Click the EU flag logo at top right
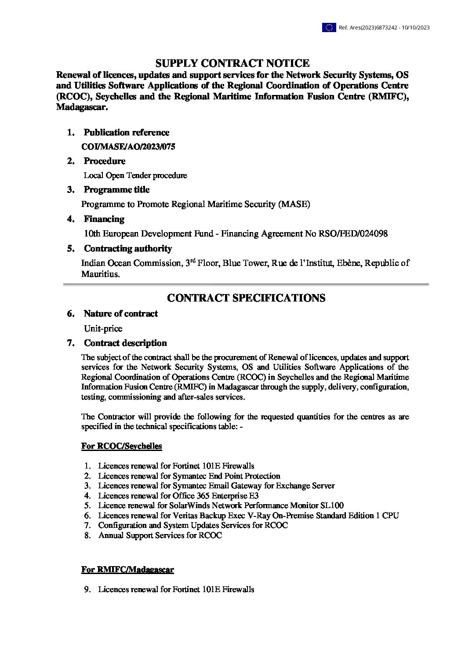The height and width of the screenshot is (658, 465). coord(329,28)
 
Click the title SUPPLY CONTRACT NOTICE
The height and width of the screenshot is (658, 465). coord(232,63)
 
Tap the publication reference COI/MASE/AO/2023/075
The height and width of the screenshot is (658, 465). coord(128,147)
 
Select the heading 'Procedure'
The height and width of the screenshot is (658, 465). coord(105,161)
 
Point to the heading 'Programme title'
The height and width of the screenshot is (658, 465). coord(116,189)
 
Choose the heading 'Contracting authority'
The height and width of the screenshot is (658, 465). coord(127,248)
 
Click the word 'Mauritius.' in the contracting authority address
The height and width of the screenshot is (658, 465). coord(100,274)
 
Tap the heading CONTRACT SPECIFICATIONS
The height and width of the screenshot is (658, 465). coord(246,298)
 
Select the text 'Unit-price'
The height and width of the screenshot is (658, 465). coord(103,328)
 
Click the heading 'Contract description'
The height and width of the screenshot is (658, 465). coord(125,343)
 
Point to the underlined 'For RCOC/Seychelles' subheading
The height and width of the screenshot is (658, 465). coord(121,446)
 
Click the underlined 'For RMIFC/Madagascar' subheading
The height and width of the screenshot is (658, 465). coord(127,570)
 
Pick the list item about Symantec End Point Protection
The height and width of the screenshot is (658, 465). coord(189,476)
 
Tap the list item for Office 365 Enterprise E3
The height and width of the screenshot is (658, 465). coord(178,495)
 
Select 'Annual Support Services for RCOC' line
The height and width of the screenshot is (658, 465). coord(160,535)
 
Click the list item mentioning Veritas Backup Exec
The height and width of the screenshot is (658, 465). coord(248,515)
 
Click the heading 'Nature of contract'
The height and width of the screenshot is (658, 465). coord(120,313)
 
